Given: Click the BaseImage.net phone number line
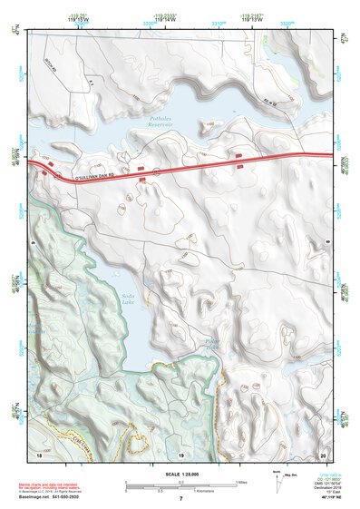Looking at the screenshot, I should tap(53, 496).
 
